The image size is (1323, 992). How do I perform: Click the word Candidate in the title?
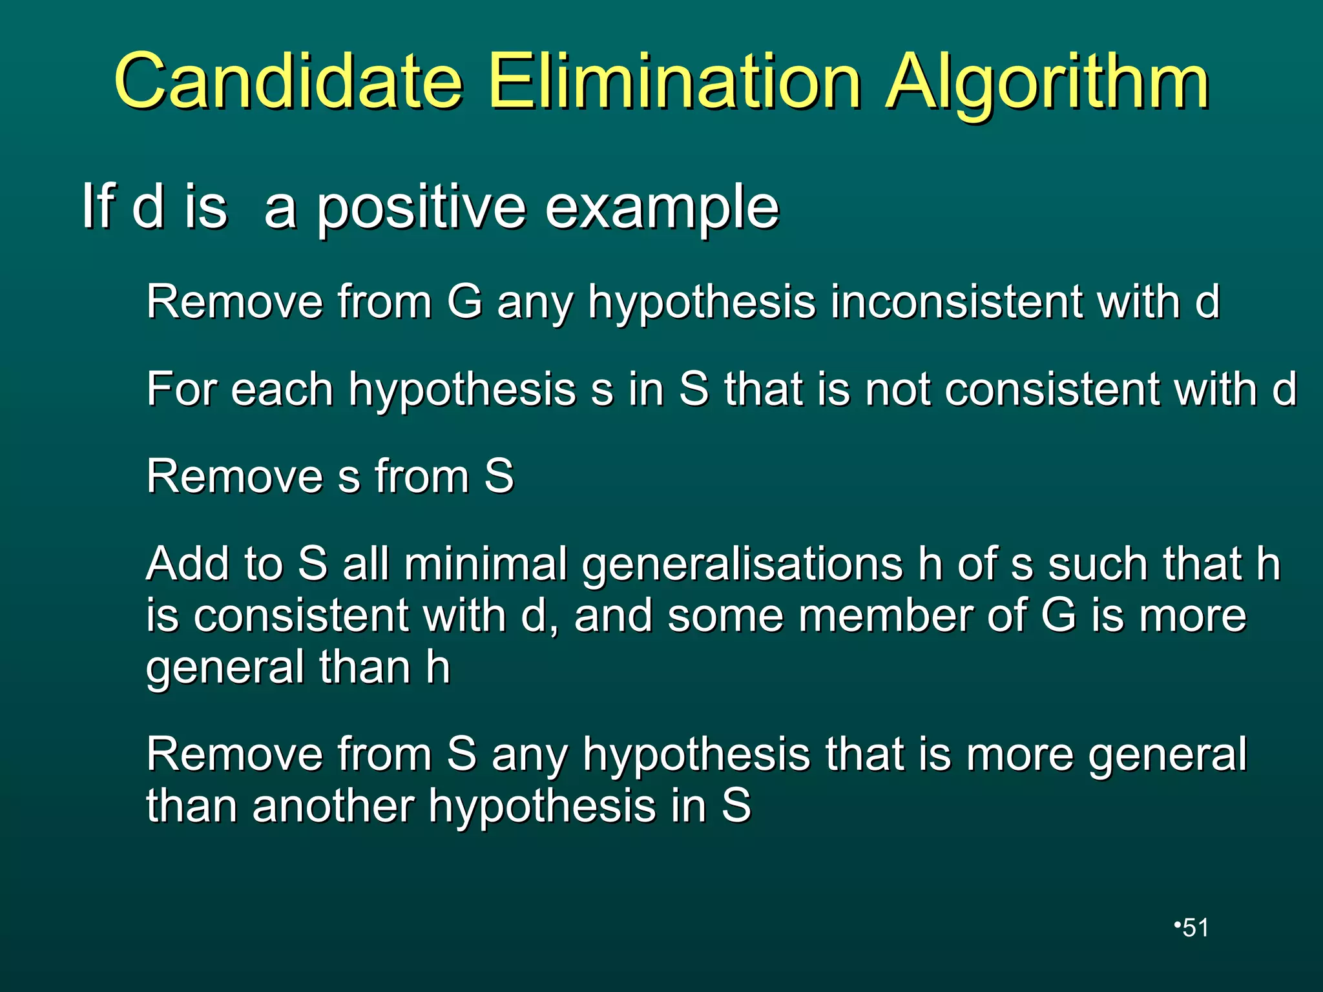coord(289,82)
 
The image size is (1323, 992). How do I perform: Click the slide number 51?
coord(1195,927)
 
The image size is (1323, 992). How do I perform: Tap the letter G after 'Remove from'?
coord(464,302)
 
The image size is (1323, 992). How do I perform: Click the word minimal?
coord(486,564)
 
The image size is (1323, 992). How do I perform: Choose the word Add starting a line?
coord(187,564)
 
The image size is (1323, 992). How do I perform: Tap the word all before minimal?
coord(366,564)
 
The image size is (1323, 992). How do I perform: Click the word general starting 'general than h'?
coord(224,668)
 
